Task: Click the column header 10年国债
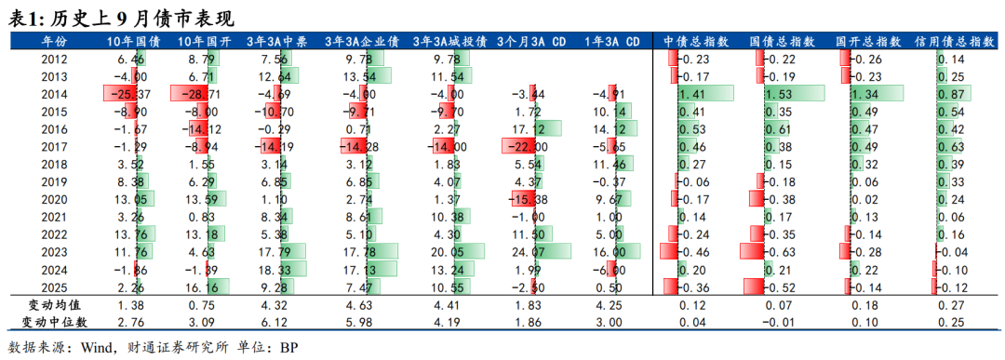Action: tap(133, 41)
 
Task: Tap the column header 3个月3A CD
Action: tap(531, 41)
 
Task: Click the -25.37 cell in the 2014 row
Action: tap(129, 94)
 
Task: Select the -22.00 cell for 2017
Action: tap(530, 147)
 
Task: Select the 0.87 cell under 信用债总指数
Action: tap(951, 94)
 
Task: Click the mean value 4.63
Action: tap(362, 305)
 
